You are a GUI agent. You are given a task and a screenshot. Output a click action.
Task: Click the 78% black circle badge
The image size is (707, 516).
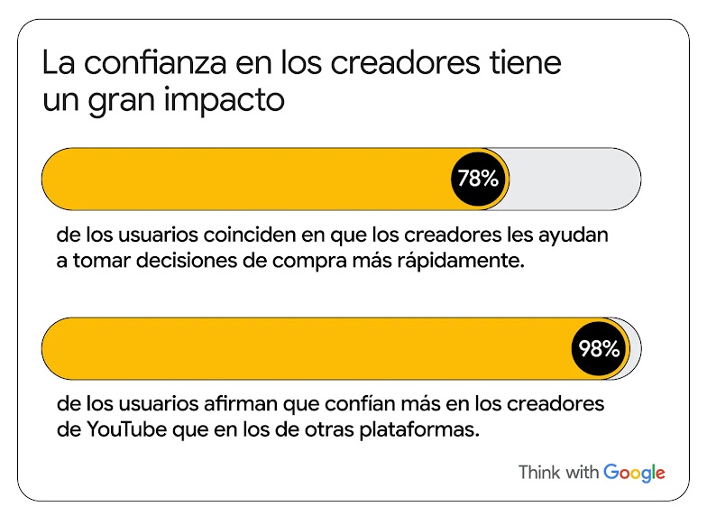tap(478, 179)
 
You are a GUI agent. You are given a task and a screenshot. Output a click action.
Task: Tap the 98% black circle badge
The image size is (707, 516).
tap(600, 348)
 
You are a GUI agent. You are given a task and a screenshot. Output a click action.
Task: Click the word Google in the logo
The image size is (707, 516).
tap(634, 473)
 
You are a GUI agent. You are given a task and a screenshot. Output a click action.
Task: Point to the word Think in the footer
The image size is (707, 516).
tap(540, 473)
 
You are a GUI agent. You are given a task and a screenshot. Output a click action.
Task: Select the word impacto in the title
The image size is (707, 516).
tap(227, 100)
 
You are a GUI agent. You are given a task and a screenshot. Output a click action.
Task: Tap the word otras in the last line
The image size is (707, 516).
tap(323, 428)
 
